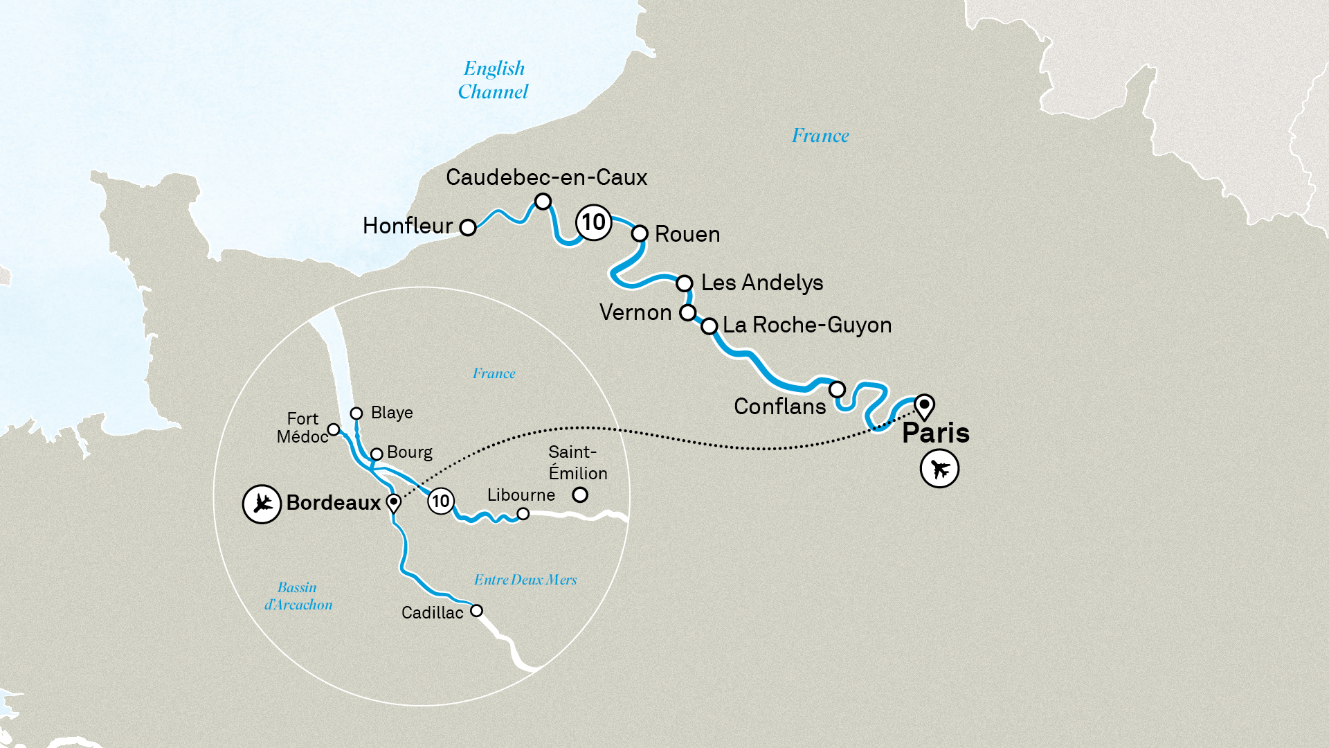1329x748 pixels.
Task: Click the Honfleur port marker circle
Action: tap(468, 227)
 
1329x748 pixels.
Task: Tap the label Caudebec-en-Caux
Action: tap(546, 177)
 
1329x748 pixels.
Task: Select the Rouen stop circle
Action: tap(640, 233)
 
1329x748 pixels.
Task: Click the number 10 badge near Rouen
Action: tap(593, 222)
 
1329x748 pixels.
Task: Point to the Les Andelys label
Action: tap(761, 283)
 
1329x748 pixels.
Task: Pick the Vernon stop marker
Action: tap(687, 312)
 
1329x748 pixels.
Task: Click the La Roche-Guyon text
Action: tap(806, 325)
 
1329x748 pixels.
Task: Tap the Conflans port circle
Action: tap(837, 389)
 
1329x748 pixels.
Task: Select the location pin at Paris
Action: tap(924, 406)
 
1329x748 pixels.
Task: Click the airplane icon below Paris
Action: tap(939, 469)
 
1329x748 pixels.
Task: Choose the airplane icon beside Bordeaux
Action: tap(262, 504)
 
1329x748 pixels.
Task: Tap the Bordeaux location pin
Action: tap(393, 502)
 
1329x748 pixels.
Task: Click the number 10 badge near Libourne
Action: tap(441, 501)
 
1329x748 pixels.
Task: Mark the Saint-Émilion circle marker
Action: tap(580, 495)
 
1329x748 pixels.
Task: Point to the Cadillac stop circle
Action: tap(476, 611)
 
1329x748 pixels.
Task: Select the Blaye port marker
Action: tap(356, 413)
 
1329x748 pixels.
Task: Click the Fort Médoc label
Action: tap(302, 427)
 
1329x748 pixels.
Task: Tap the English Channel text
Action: tap(493, 80)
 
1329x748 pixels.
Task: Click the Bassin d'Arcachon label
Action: tap(298, 596)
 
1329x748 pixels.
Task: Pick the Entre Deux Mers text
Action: tap(525, 580)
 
